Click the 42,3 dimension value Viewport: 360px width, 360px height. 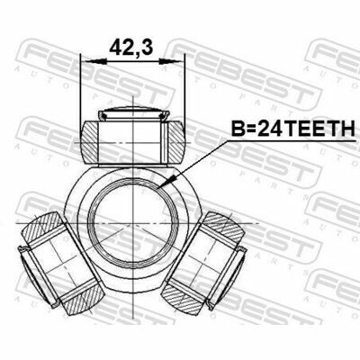131,48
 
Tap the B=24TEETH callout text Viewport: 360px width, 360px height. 292,130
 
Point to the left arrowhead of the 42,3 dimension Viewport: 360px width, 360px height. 94,61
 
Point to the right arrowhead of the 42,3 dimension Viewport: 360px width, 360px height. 171,61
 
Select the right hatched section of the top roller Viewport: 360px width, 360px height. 175,142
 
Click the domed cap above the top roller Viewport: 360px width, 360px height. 132,109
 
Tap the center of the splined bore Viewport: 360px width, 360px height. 132,223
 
